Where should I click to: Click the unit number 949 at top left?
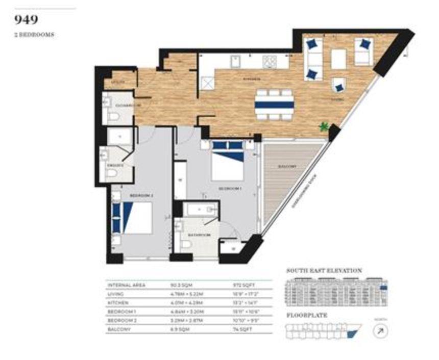tap(27, 20)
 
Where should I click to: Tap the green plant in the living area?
tap(323, 126)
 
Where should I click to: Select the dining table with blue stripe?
tap(275, 105)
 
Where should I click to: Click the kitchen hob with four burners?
tap(269, 62)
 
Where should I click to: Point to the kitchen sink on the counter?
tap(236, 62)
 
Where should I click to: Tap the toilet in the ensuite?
tap(112, 173)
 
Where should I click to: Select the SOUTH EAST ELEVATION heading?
tap(324, 271)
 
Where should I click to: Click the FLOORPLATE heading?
tap(307, 315)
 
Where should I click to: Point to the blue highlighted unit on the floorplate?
tap(351, 334)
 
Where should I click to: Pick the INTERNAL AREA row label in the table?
tap(127, 285)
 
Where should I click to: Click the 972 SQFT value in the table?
tap(240, 285)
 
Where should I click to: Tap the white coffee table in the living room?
tap(339, 59)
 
